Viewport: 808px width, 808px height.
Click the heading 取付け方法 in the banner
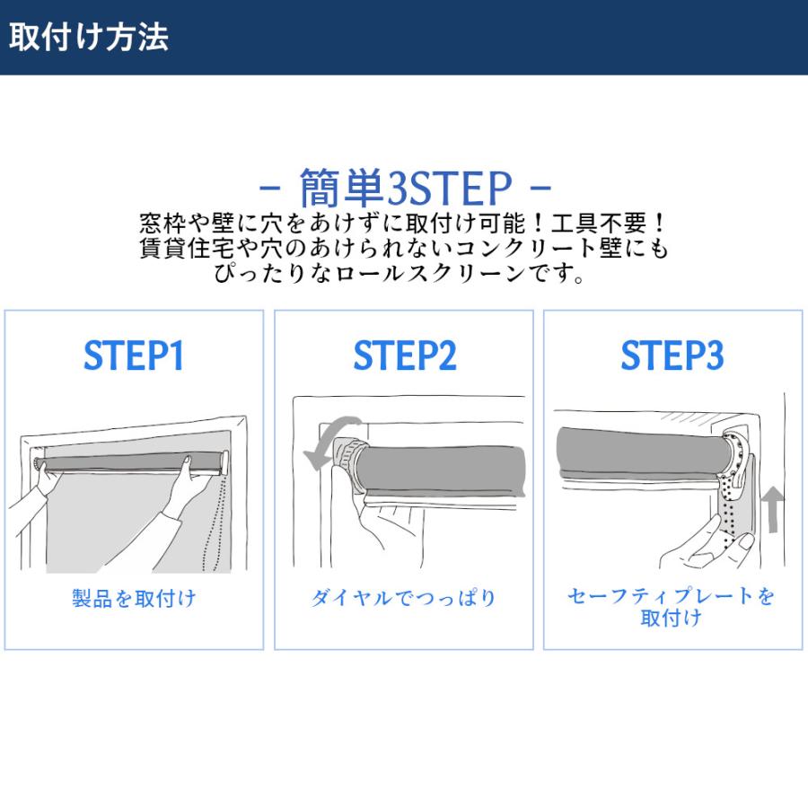[x=89, y=37]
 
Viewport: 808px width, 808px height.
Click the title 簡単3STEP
[x=406, y=187]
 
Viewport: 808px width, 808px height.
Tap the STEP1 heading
[x=134, y=355]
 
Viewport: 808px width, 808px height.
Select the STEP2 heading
[x=405, y=355]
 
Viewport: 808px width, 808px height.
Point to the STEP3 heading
[x=672, y=355]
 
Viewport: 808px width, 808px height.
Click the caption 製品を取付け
[x=134, y=598]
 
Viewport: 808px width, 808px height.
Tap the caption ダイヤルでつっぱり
[x=403, y=598]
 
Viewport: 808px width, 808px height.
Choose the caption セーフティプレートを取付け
[x=671, y=607]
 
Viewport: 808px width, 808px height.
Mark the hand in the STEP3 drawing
[x=706, y=545]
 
